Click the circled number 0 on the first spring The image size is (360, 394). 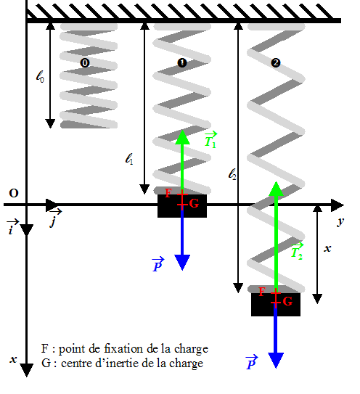pyautogui.click(x=85, y=63)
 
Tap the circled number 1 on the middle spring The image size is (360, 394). pyautogui.click(x=182, y=63)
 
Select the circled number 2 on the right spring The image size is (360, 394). pyautogui.click(x=276, y=63)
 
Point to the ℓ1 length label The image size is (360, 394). pyautogui.click(x=129, y=159)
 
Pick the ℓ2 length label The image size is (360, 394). pyautogui.click(x=232, y=174)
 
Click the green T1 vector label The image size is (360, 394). pyautogui.click(x=210, y=139)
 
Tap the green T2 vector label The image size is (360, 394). pyautogui.click(x=297, y=251)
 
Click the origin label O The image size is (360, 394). pyautogui.click(x=14, y=193)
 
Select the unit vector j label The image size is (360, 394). pyautogui.click(x=55, y=218)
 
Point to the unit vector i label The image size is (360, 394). pyautogui.click(x=12, y=227)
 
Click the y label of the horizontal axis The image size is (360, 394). pyautogui.click(x=340, y=221)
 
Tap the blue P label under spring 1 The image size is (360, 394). pyautogui.click(x=158, y=265)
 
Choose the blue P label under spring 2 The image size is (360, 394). pyautogui.click(x=252, y=362)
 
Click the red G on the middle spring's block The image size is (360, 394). pyautogui.click(x=194, y=204)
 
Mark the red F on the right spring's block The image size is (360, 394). pyautogui.click(x=262, y=292)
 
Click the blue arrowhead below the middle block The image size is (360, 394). pyautogui.click(x=182, y=263)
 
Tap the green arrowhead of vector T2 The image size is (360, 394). pyautogui.click(x=276, y=189)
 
